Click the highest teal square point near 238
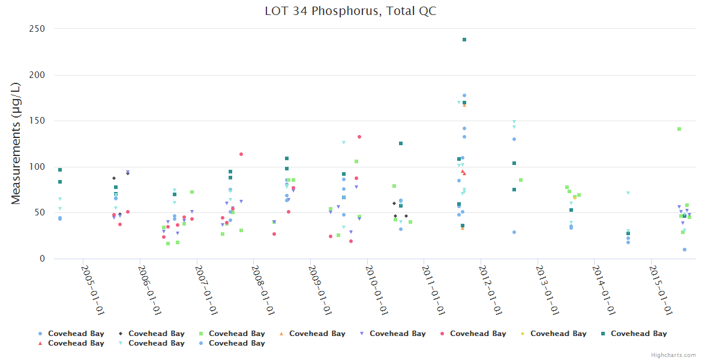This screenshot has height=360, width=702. [x=464, y=40]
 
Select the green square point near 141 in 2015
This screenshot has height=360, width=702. [x=679, y=129]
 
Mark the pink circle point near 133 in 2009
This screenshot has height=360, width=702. [x=359, y=137]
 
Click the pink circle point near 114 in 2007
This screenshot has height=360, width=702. [x=241, y=154]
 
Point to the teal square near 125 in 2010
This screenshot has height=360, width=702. [x=401, y=143]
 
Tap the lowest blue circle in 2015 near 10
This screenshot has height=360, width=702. [x=685, y=250]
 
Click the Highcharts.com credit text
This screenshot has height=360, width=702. [x=673, y=355]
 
